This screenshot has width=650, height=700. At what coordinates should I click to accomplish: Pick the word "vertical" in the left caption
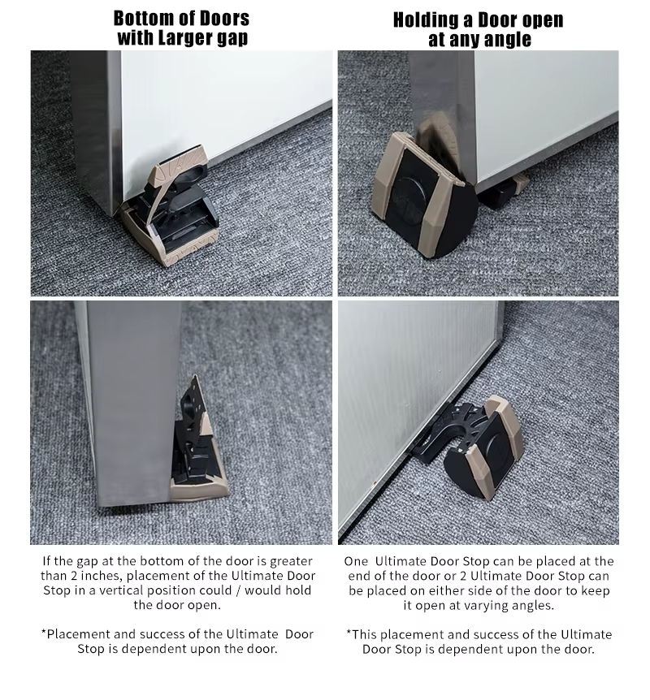point(124,590)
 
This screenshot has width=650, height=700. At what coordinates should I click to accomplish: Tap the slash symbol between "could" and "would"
point(238,590)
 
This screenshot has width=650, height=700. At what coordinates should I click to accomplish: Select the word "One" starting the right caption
point(356,561)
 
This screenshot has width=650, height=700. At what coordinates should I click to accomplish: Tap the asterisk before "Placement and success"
point(44,632)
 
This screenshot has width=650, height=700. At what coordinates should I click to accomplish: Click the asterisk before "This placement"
point(349,632)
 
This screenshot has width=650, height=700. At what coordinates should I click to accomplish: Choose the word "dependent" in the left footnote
point(152,649)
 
